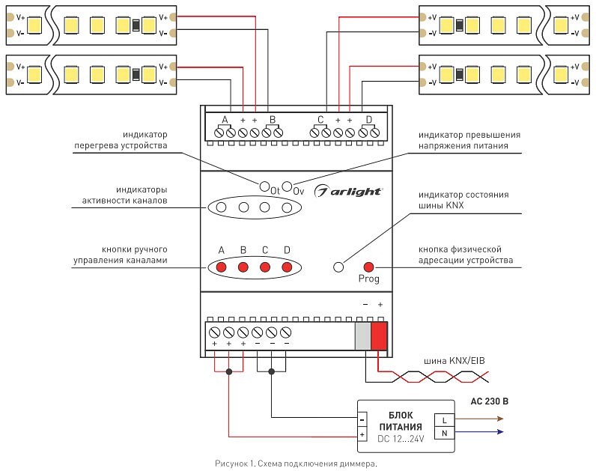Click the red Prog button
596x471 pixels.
pyautogui.click(x=368, y=267)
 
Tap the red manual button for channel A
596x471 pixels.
pyautogui.click(x=222, y=267)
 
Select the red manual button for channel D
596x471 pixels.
pyautogui.click(x=287, y=267)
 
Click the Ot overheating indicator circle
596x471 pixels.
pyautogui.click(x=264, y=184)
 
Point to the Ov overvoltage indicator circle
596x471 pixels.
pyautogui.click(x=287, y=184)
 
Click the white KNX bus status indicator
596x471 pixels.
pyautogui.click(x=338, y=267)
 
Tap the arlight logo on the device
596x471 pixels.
pyautogui.click(x=349, y=191)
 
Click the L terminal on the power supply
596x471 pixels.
pyautogui.click(x=444, y=419)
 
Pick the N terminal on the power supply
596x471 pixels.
pyautogui.click(x=444, y=433)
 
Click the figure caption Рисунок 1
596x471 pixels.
pyautogui.click(x=297, y=464)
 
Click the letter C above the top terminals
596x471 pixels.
pyautogui.click(x=320, y=120)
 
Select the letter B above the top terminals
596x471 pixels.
pyautogui.click(x=273, y=120)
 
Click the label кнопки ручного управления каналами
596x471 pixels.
pyautogui.click(x=120, y=254)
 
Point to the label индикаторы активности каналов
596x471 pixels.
pyautogui.click(x=124, y=195)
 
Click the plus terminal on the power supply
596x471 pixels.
pyautogui.click(x=362, y=434)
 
